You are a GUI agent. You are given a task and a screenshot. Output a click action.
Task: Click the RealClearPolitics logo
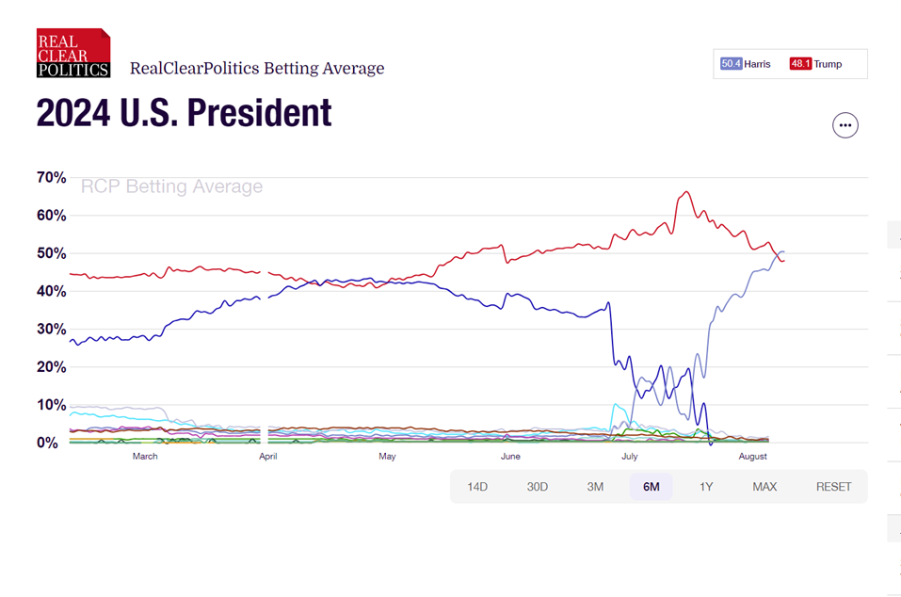coord(73,53)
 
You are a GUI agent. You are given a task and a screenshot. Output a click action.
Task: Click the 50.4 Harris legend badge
coord(746,64)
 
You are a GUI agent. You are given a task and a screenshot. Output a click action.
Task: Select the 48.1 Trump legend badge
coord(815,64)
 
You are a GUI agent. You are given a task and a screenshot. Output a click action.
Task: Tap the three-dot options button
coord(845,125)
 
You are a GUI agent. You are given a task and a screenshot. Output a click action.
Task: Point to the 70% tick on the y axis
coord(51,178)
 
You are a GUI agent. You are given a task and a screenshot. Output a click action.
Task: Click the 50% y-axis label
coord(51,254)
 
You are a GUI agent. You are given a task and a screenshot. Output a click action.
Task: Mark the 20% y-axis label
coord(51,367)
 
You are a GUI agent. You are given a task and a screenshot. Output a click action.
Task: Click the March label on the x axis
coord(145,457)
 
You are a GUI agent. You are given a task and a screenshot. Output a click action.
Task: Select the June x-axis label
coord(510,457)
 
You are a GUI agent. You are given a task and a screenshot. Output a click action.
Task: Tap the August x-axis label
coord(753,457)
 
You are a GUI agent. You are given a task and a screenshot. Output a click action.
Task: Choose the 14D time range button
coord(477,487)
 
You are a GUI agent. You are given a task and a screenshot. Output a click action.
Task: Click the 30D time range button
coord(537,487)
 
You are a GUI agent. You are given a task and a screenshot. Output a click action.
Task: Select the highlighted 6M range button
coord(651,487)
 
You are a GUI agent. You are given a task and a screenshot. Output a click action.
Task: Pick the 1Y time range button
coord(706,487)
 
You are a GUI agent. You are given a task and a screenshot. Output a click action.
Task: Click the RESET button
coord(833,487)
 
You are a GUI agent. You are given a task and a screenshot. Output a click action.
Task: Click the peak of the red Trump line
coord(686,192)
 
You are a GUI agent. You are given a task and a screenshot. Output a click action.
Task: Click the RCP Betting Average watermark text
coord(171,186)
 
